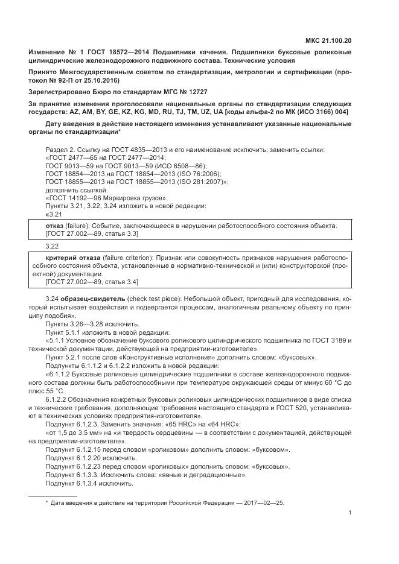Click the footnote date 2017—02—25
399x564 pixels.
260,502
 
